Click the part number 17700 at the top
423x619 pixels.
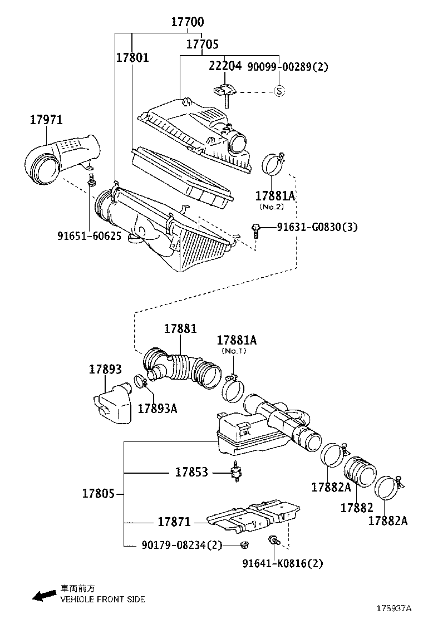(187, 23)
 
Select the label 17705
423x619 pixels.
(202, 45)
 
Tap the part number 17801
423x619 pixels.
(132, 57)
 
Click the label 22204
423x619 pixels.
(225, 67)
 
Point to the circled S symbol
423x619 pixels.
(279, 91)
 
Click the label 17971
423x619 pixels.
(46, 120)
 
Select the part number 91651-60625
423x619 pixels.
(89, 236)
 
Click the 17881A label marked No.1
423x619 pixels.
(237, 340)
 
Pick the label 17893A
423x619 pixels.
(157, 409)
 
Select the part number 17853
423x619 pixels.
(191, 473)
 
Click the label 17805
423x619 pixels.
(99, 494)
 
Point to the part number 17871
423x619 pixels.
(174, 522)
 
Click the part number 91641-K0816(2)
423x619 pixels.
(282, 563)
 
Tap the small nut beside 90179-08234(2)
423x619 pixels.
(244, 544)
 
